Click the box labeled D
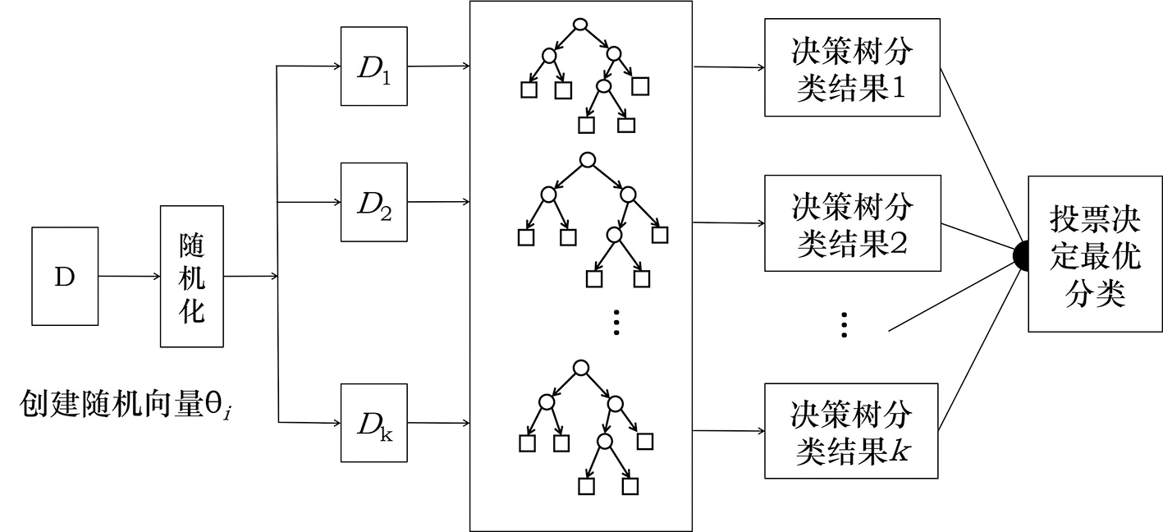pyautogui.click(x=64, y=276)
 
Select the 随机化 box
pyautogui.click(x=191, y=277)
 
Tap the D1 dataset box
pyautogui.click(x=374, y=66)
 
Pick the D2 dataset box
pyautogui.click(x=374, y=201)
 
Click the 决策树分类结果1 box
pyautogui.click(x=851, y=67)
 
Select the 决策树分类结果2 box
pyautogui.click(x=851, y=223)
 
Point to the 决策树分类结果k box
pyautogui.click(x=851, y=430)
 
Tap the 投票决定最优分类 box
pyautogui.click(x=1095, y=254)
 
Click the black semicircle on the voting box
pyautogui.click(x=1021, y=255)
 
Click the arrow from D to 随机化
pyautogui.click(x=128, y=277)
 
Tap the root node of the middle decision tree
pyautogui.click(x=586, y=159)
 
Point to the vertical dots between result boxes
pyautogui.click(x=845, y=325)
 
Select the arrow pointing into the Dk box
pyautogui.click(x=310, y=423)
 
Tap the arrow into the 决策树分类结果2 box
pyautogui.click(x=729, y=222)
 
